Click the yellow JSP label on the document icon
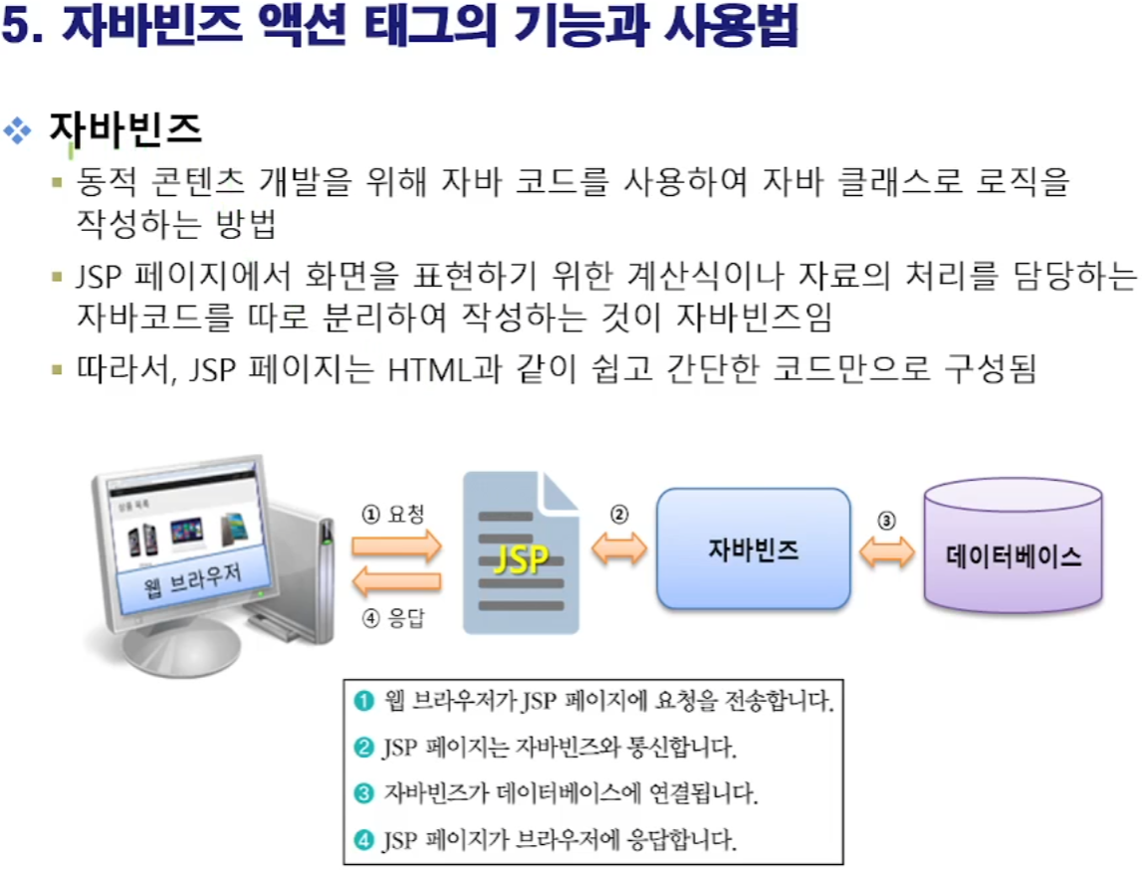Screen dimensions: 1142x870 [521, 559]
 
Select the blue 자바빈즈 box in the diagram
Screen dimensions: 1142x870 [753, 548]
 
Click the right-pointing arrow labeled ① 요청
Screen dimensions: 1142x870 [395, 545]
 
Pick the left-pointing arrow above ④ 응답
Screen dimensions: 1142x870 [397, 579]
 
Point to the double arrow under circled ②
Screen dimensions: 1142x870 [619, 548]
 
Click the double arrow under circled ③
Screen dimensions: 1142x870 [887, 553]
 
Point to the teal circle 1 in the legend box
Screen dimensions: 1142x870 [363, 702]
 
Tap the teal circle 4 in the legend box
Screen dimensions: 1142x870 [363, 840]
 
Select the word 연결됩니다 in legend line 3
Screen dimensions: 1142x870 [700, 793]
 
